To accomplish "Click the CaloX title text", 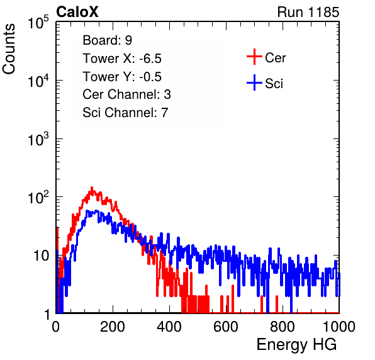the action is click(x=77, y=12).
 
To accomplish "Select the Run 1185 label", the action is click(x=308, y=12).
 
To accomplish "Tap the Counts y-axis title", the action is click(x=9, y=49).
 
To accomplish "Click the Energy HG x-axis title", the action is click(x=296, y=345).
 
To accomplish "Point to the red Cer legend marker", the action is click(x=254, y=57).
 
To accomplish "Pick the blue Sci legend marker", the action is click(x=254, y=82).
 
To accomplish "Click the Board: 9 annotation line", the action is click(x=107, y=40).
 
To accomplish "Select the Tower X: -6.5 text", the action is click(x=122, y=59).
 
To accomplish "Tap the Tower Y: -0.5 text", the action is click(x=122, y=77).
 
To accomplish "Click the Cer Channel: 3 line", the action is click(x=126, y=94).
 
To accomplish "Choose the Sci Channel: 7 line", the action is click(x=125, y=113).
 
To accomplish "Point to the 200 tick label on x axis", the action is click(x=113, y=327).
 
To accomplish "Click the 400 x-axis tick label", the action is click(x=169, y=327).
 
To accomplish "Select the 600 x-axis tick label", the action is click(x=226, y=327).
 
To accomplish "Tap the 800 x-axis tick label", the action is click(x=283, y=327).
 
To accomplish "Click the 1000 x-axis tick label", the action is click(x=339, y=327).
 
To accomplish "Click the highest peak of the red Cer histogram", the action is click(x=92, y=188).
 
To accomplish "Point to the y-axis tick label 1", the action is click(x=48, y=314).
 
